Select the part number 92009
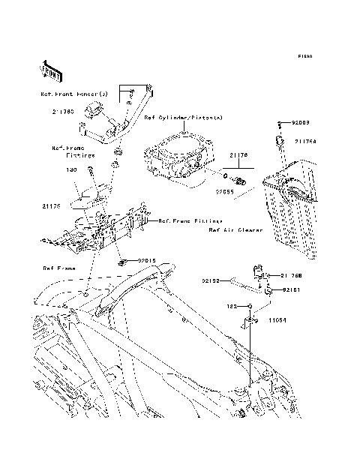click(x=299, y=121)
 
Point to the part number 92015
click(x=145, y=261)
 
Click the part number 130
click(x=72, y=170)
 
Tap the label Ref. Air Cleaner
click(x=235, y=231)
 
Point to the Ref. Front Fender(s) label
click(x=75, y=94)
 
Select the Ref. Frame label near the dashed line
click(x=58, y=268)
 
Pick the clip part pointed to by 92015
click(x=121, y=262)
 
